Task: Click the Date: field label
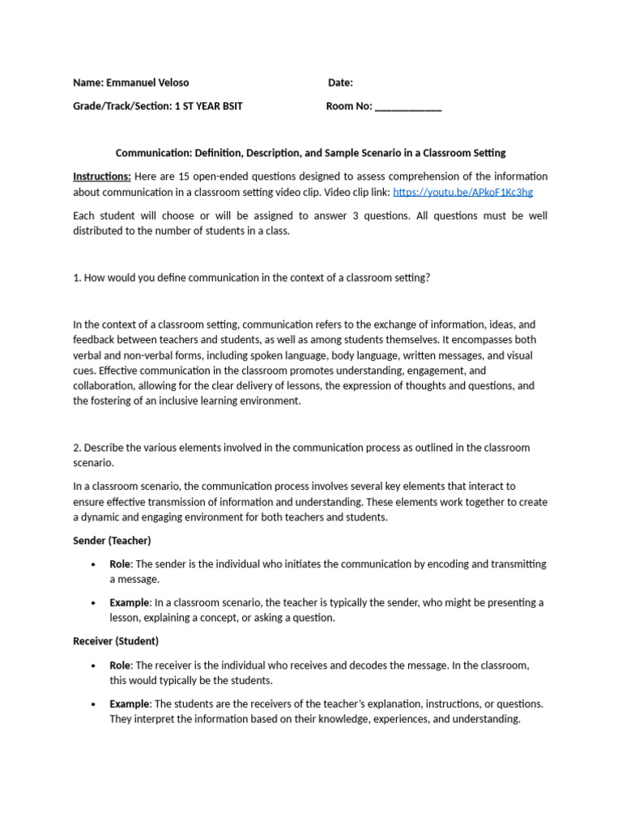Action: (x=340, y=83)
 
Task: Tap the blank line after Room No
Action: (x=408, y=106)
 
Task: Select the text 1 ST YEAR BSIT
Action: (x=208, y=106)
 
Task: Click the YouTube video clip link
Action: (x=462, y=192)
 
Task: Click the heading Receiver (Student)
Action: (x=116, y=640)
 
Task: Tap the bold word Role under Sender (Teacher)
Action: (x=121, y=563)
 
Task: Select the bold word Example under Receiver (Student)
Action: (x=130, y=704)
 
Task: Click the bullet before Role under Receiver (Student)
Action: (x=94, y=665)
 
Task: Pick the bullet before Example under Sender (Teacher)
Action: (x=94, y=603)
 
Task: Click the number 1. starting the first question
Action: (x=77, y=278)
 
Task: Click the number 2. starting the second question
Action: (x=77, y=448)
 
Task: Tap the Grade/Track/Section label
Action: (x=121, y=106)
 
